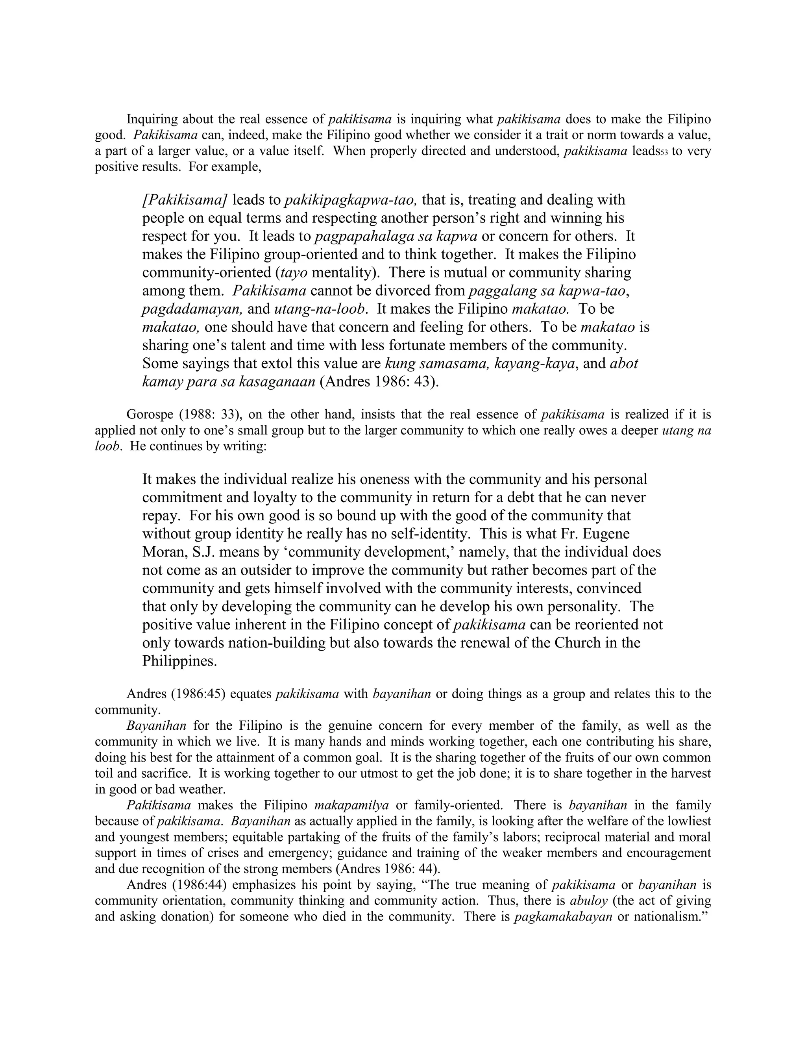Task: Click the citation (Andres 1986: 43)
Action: pos(379,382)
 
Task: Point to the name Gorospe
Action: pos(150,414)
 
